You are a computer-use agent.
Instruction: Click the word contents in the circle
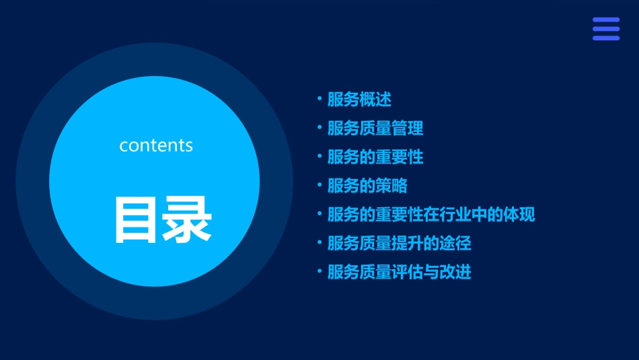click(156, 145)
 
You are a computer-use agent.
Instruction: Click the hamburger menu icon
click(605, 29)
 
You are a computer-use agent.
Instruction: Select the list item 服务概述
click(359, 100)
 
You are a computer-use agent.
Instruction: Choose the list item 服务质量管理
click(375, 128)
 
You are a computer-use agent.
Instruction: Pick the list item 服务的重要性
click(375, 157)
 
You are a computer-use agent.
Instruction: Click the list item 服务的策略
click(367, 186)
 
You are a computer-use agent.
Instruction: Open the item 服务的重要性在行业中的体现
click(431, 215)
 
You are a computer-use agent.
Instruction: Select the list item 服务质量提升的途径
click(400, 243)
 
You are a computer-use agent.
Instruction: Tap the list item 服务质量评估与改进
click(400, 272)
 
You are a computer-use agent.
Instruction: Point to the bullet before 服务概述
click(319, 99)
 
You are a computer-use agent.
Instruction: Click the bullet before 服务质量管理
click(319, 127)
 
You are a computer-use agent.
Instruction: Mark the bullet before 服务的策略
click(319, 185)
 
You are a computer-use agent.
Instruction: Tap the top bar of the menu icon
click(605, 20)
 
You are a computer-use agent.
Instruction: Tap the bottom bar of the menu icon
click(605, 38)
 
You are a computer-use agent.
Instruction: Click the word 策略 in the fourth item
click(391, 186)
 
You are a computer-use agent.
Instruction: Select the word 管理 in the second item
click(408, 128)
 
